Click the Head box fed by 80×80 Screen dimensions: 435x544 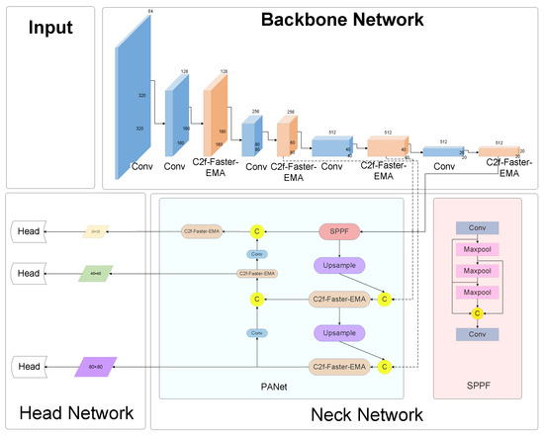[29, 367]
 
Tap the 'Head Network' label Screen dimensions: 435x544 [70, 412]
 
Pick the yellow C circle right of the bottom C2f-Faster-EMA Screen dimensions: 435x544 [385, 367]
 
